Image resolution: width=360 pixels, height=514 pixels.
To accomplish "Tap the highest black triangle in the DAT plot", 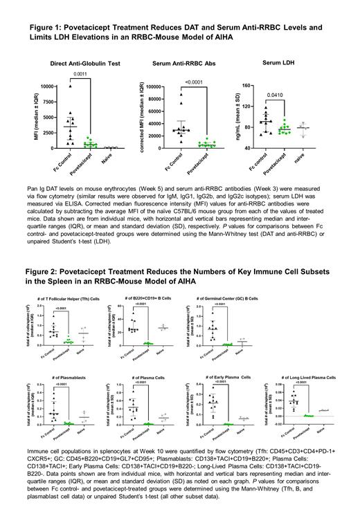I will click(70, 86).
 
